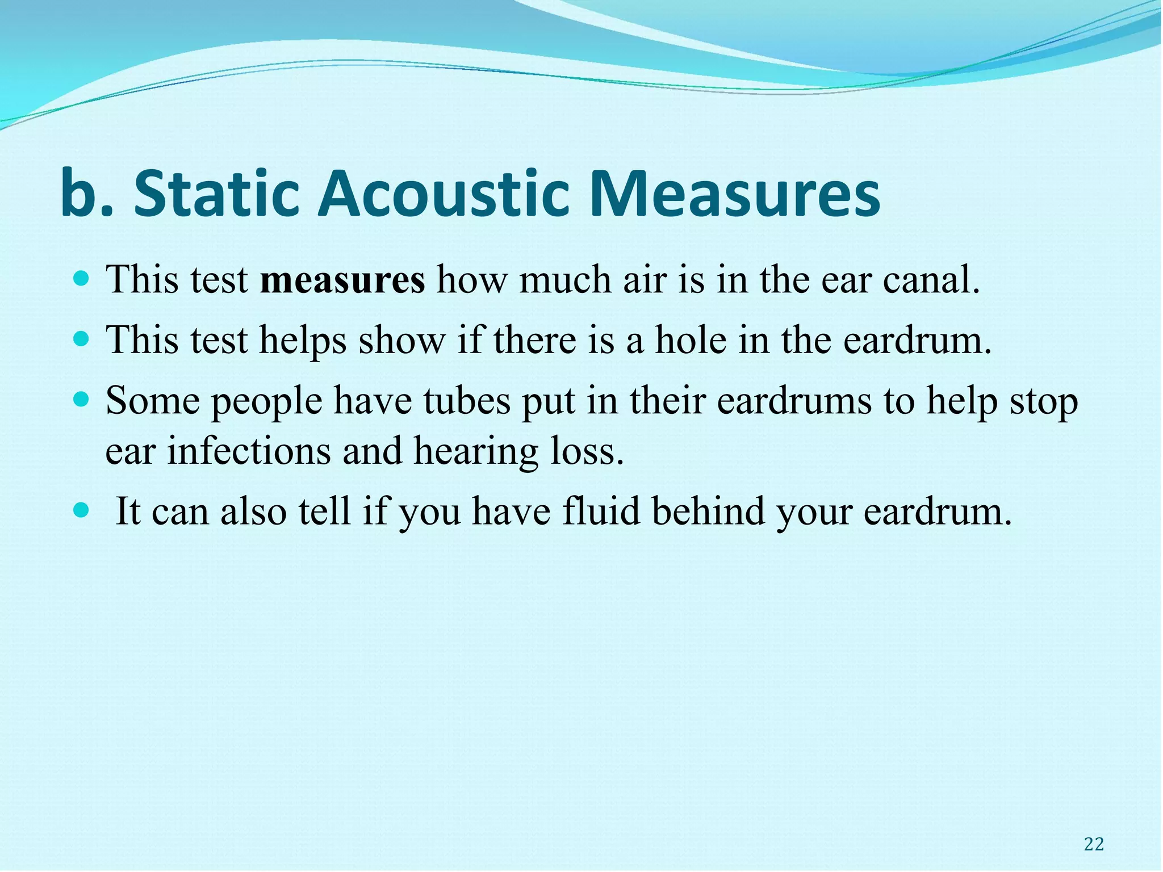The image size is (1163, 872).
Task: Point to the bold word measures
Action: click(x=342, y=280)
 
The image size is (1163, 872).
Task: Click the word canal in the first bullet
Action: click(x=931, y=280)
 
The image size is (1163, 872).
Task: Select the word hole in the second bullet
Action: click(x=691, y=341)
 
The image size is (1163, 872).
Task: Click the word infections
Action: click(x=249, y=451)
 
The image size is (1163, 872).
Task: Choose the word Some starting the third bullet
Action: click(x=152, y=401)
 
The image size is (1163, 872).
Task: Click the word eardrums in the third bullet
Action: click(x=794, y=401)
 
